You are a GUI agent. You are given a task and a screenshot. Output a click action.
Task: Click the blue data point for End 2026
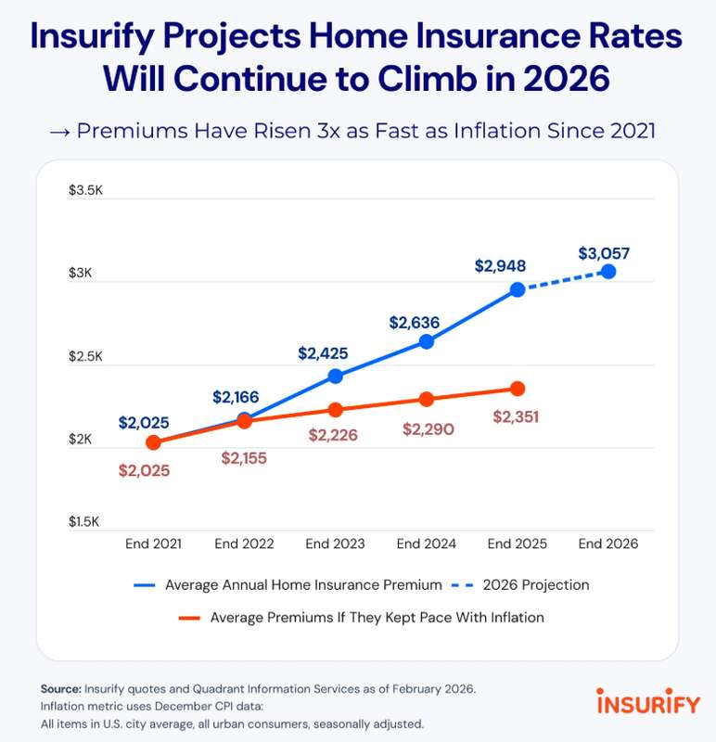coord(607,272)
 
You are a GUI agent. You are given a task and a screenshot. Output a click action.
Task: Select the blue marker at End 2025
coord(518,289)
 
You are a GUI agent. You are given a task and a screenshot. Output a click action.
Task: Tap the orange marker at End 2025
coord(518,389)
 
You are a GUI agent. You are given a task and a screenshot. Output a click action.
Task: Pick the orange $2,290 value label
coord(428,429)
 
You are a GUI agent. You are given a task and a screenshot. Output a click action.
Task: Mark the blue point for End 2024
coord(427,341)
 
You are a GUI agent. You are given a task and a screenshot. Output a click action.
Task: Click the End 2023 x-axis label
coord(336,544)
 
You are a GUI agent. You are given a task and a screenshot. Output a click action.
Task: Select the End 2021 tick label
coord(153,544)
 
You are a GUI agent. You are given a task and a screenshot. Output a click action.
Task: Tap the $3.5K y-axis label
coord(86,191)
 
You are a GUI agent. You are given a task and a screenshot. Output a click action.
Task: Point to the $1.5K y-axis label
coord(86,522)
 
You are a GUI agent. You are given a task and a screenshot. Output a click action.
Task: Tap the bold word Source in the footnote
coord(60,689)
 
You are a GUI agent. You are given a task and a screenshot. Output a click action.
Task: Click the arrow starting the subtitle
coord(59,130)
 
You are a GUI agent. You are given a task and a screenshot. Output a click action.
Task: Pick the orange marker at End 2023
coord(335,410)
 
